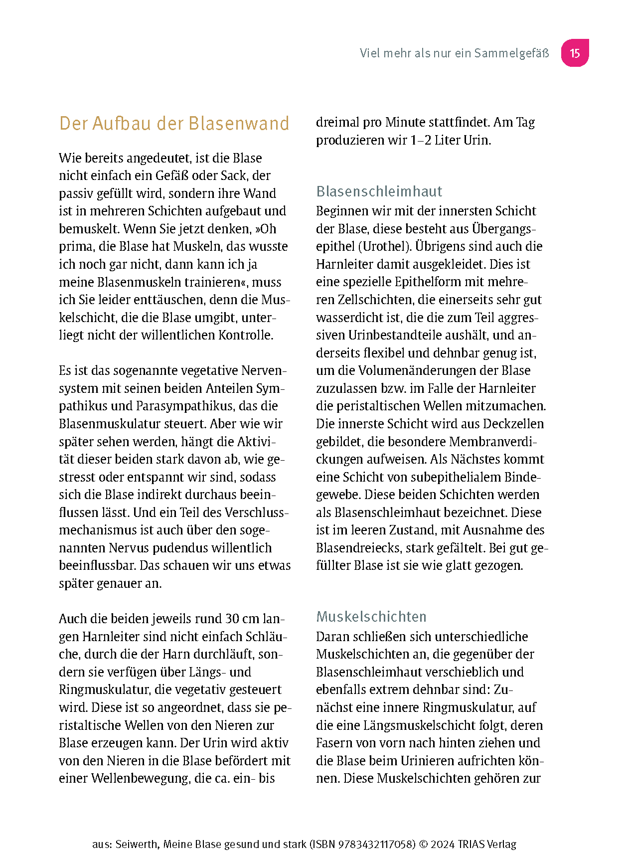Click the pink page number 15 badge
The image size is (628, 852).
click(x=575, y=53)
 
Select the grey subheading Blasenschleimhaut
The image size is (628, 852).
click(x=379, y=191)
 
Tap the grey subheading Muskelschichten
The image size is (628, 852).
click(x=371, y=617)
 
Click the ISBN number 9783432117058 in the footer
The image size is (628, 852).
click(x=376, y=844)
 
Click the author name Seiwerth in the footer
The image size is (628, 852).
click(x=138, y=844)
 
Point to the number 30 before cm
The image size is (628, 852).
click(x=232, y=619)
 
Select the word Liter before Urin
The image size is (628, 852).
click(x=447, y=140)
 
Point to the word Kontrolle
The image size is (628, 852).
click(x=245, y=335)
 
